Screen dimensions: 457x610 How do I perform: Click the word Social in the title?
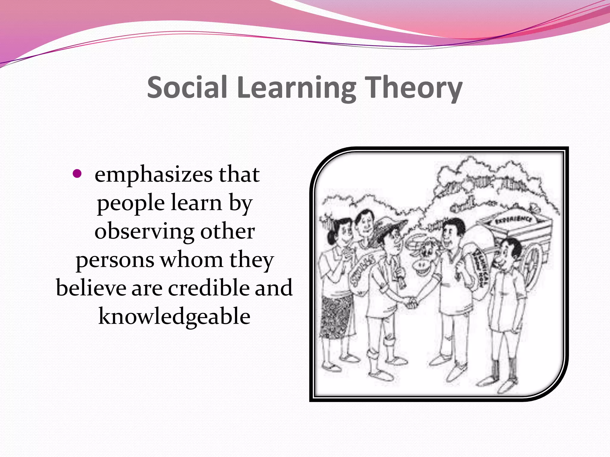[x=187, y=87]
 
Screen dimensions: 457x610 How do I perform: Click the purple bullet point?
[x=77, y=173]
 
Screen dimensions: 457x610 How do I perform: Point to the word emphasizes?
[x=153, y=175]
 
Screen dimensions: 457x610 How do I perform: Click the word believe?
[x=91, y=288]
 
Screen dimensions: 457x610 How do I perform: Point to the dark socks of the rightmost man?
[x=503, y=369]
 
